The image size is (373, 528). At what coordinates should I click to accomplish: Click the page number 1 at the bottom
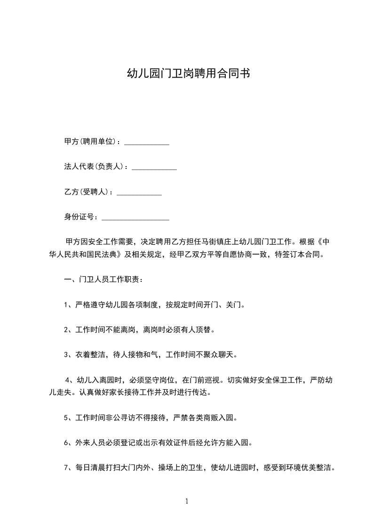[187, 501]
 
